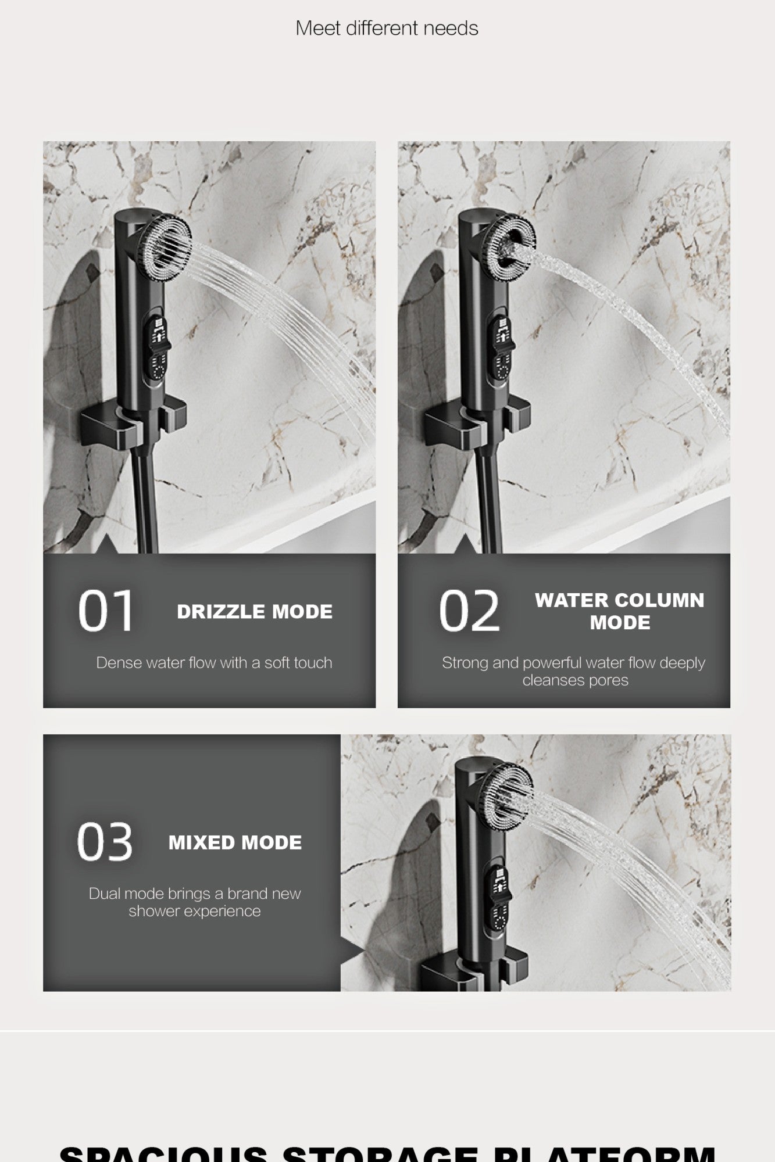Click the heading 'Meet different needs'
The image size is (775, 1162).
coord(387,28)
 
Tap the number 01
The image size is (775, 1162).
coord(106,611)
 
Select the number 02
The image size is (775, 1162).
coord(469,611)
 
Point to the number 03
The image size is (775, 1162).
coord(105,842)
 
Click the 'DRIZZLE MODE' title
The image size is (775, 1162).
coord(255,612)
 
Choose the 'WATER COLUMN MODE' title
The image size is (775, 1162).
coord(619,611)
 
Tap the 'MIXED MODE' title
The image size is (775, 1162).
coord(235,842)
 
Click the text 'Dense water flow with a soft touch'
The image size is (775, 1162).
coord(214,663)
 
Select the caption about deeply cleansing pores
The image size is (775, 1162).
coord(573,671)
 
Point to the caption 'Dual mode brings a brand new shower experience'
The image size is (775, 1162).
coord(195,902)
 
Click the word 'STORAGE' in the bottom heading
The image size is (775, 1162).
coord(384,1153)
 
